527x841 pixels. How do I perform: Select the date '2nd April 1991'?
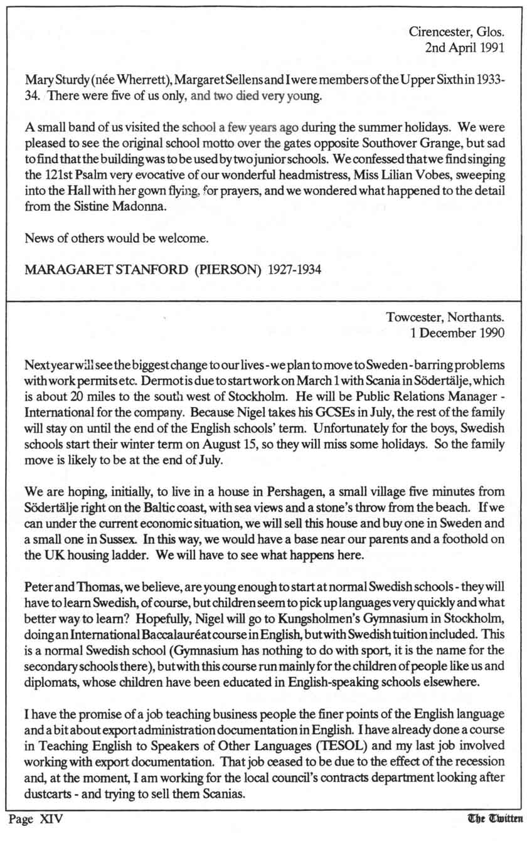[x=464, y=46]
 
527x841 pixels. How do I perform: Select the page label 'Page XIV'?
[x=36, y=819]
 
